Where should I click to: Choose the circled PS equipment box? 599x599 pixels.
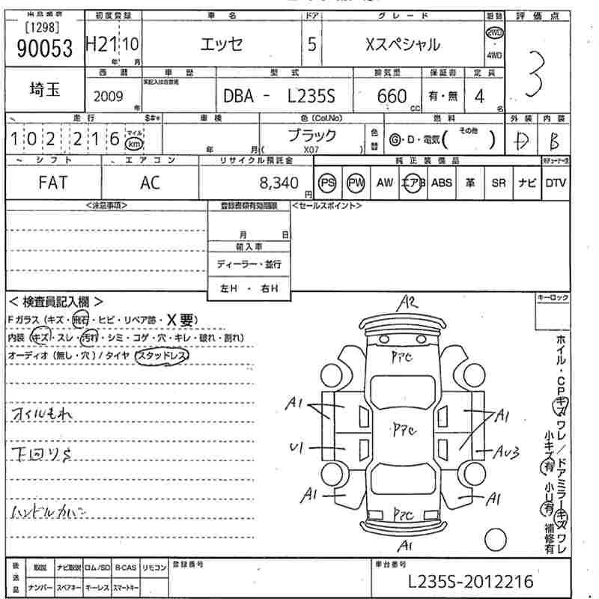[x=327, y=183]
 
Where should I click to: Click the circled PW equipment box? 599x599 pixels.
[x=355, y=183]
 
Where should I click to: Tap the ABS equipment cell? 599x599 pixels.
[x=442, y=183]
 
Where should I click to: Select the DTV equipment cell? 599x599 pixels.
[x=556, y=183]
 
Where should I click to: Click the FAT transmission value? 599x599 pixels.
[x=52, y=183]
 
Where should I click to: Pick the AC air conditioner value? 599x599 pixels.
[x=150, y=183]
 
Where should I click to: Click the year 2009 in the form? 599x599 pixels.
[x=110, y=96]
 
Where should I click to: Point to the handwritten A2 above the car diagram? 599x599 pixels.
[x=408, y=303]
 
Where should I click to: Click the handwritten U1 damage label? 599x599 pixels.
[x=295, y=448]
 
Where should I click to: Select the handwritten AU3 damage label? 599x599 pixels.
[x=507, y=451]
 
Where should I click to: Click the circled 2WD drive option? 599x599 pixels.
[x=495, y=34]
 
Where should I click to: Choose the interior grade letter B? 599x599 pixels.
[x=555, y=140]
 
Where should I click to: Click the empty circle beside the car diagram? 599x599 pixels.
[x=495, y=538]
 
